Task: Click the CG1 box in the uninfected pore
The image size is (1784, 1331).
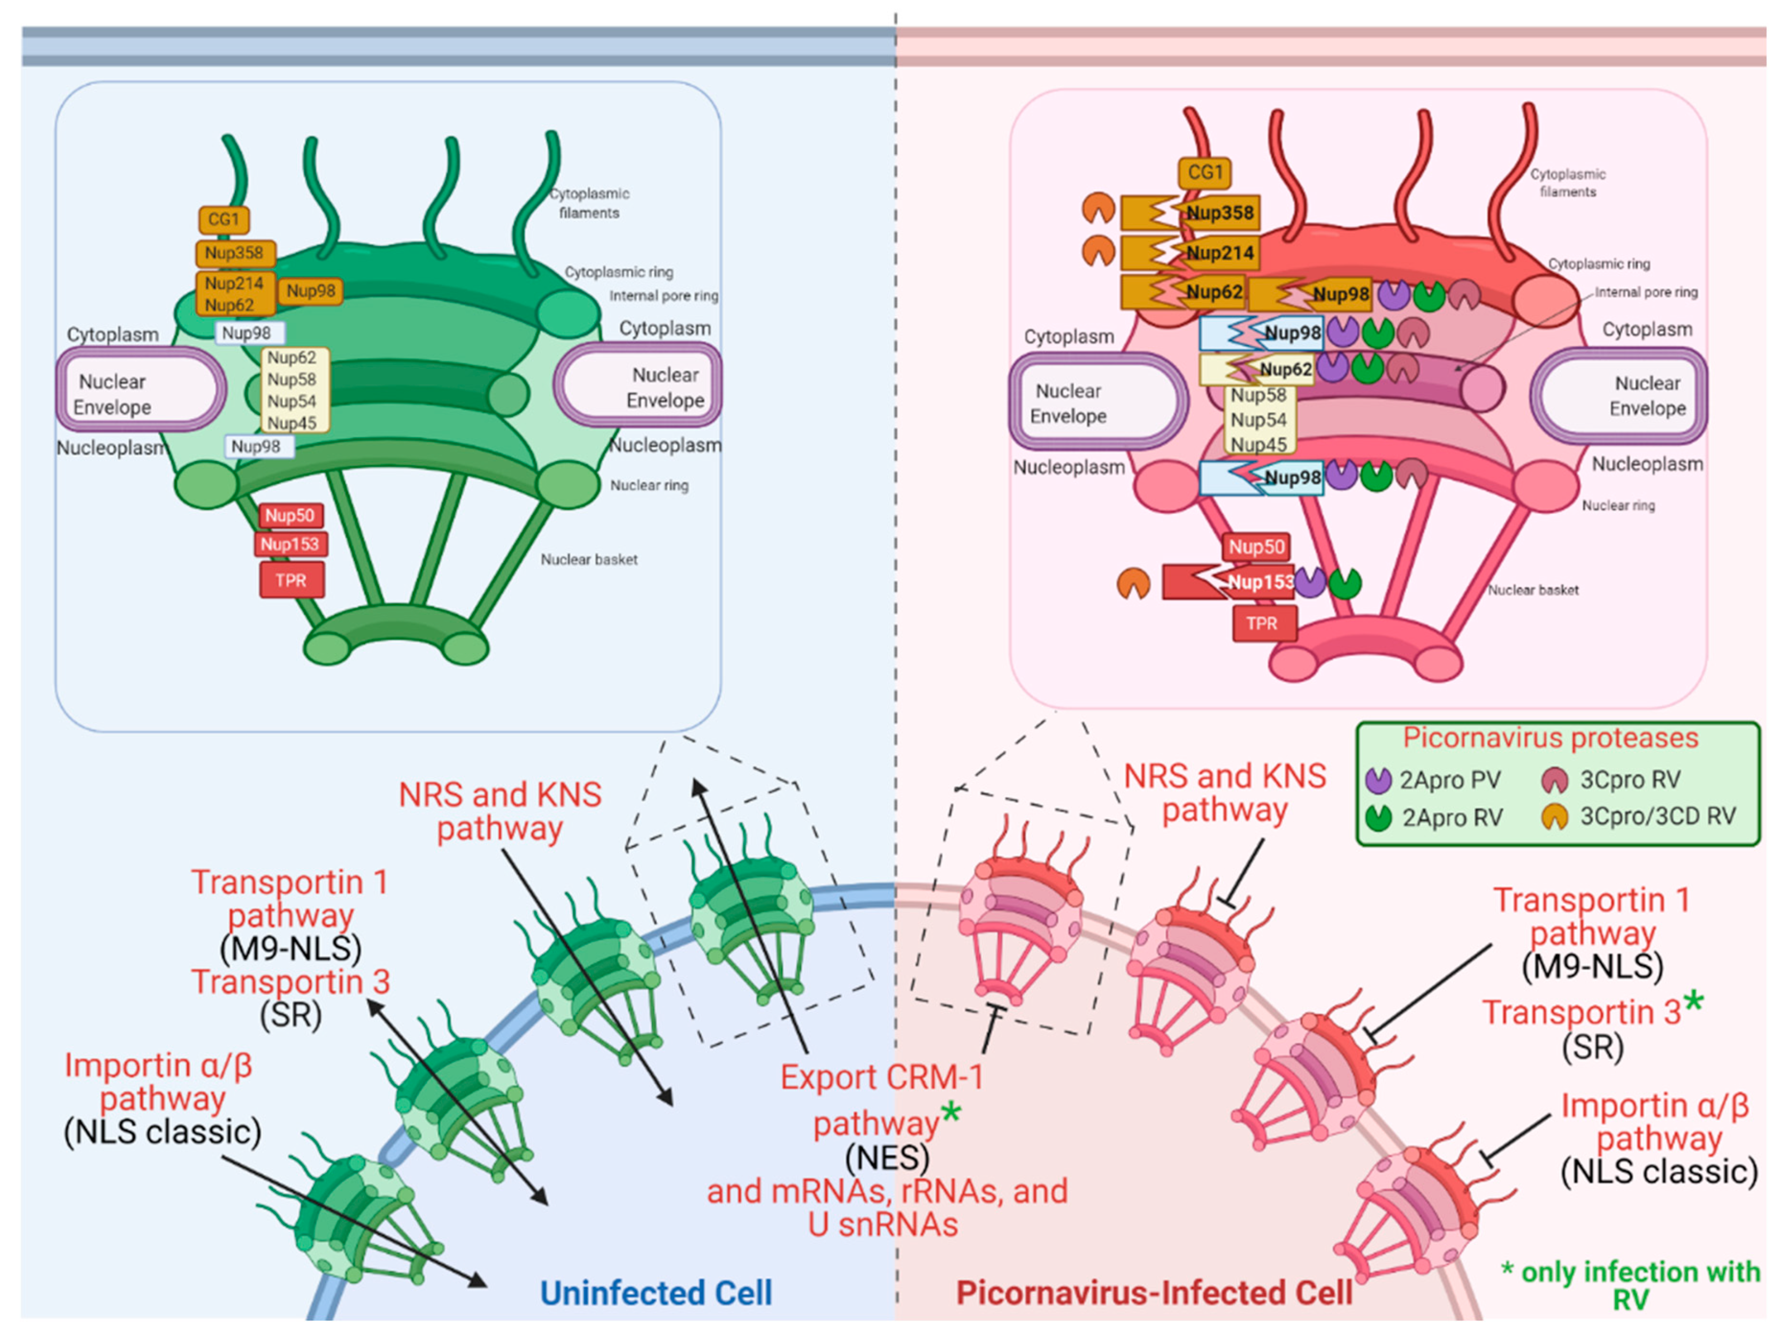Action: pos(224,219)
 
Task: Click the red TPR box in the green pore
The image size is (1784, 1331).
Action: pos(291,580)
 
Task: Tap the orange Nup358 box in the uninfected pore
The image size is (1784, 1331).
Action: pos(234,253)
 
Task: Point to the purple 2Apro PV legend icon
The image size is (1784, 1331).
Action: pos(1378,779)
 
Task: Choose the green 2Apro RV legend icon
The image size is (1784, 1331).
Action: pos(1378,817)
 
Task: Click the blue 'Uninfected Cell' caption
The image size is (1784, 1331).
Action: pos(655,1292)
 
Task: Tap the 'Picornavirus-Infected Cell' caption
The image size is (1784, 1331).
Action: pos(1153,1292)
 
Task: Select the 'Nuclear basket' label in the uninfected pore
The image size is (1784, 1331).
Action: pos(589,559)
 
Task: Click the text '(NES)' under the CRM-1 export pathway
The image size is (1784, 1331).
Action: pos(887,1158)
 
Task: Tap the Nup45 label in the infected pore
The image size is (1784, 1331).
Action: pos(1258,444)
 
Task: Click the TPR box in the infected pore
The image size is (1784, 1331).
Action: pos(1262,623)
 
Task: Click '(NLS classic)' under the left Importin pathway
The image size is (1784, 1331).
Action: pos(163,1132)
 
